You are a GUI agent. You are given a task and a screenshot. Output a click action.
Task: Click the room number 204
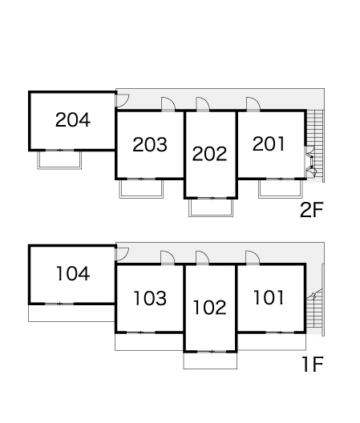coord(73,120)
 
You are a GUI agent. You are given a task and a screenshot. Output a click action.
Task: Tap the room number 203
coord(150,144)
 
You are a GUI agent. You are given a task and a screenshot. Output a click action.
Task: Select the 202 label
coord(209,154)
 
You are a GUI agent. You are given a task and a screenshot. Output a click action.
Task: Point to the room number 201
coord(269,143)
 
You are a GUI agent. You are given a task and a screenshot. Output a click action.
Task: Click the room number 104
coord(73,273)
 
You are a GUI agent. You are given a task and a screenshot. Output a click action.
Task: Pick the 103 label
coord(150,298)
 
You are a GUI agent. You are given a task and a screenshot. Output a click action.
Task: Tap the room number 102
coord(210,308)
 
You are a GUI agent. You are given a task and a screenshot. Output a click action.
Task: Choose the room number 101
coord(269,297)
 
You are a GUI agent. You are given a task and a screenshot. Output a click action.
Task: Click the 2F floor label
coord(312,210)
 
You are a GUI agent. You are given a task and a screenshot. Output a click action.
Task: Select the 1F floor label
coord(313,365)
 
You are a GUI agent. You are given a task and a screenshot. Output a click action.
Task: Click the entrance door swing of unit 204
coord(123,100)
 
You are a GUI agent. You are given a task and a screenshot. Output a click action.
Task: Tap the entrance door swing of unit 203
coord(168,104)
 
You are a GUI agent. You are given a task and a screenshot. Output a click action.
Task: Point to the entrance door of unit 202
coord(203,104)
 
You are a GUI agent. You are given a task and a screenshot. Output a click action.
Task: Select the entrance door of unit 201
coord(253,104)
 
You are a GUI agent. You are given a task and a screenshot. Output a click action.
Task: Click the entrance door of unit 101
coord(253,257)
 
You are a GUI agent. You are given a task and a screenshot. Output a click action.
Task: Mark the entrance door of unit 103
coord(168,257)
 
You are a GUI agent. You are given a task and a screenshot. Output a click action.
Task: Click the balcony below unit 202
coord(211,207)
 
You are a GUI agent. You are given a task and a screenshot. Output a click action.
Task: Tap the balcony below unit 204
coord(59,159)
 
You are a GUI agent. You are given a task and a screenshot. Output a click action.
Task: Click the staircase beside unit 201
coord(315,146)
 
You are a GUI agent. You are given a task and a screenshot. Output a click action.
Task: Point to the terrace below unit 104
coord(71,313)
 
